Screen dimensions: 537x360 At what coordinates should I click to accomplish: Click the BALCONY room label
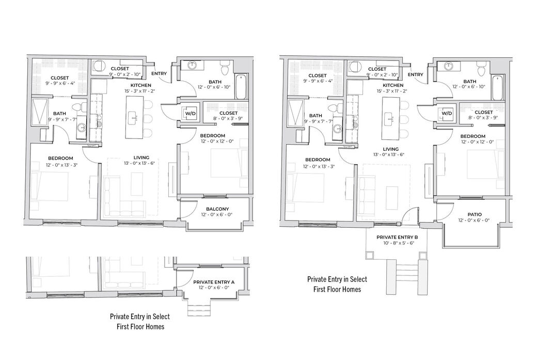pos(217,209)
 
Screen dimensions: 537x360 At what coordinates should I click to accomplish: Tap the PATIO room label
pos(474,214)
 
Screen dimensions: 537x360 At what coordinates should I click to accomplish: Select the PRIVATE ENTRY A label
pos(214,282)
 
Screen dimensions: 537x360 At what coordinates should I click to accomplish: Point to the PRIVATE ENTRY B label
pos(397,237)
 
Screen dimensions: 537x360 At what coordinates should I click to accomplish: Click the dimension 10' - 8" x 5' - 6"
pos(397,243)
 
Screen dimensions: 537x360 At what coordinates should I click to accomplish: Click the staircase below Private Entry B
pos(403,276)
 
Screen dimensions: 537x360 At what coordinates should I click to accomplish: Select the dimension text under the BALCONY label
pos(217,215)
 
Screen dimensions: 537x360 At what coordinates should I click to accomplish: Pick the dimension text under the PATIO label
pos(474,220)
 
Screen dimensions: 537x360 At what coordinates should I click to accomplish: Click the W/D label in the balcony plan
pos(190,113)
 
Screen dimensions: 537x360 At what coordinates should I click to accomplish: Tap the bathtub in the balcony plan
pos(241,87)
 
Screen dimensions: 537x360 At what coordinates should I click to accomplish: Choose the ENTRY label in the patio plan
pos(416,74)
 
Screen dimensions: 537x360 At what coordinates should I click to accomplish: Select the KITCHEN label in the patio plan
pos(393,85)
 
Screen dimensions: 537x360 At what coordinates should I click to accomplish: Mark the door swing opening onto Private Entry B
pos(410,214)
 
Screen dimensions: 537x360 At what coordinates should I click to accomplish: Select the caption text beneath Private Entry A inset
pos(140,321)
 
